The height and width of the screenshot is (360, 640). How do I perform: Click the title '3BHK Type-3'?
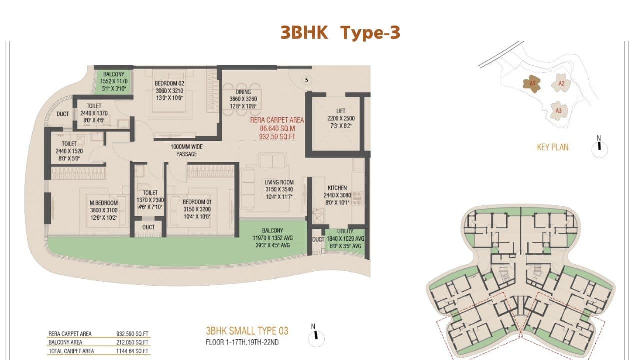click(x=340, y=33)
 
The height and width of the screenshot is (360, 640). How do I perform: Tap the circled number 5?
click(x=307, y=79)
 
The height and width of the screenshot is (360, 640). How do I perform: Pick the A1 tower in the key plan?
click(x=532, y=84)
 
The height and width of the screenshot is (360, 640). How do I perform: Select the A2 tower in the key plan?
click(x=561, y=84)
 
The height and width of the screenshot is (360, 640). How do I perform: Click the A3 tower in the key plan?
click(x=558, y=110)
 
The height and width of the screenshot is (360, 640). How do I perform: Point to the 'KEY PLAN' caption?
click(x=552, y=147)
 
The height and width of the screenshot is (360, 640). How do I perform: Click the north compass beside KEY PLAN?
click(x=599, y=147)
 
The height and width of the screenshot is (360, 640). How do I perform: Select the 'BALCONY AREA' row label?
click(x=65, y=342)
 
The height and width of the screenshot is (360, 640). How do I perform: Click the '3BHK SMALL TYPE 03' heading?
click(x=247, y=331)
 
